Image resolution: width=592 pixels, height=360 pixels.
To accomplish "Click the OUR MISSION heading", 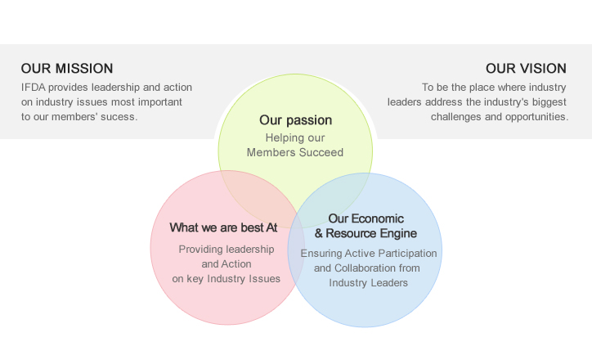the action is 67,69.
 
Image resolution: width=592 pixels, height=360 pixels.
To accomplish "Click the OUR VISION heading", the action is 526,69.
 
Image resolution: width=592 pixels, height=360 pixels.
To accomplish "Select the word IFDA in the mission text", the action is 34,88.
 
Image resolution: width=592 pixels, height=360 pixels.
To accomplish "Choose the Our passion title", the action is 296,120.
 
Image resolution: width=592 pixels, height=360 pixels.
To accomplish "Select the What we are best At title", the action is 223,227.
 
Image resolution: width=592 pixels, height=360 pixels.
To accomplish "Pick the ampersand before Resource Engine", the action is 319,233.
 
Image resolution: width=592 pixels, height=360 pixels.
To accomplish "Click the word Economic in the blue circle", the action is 377,218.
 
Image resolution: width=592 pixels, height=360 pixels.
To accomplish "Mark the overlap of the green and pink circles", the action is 258,195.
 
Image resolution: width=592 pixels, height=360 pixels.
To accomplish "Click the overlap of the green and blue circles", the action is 330,197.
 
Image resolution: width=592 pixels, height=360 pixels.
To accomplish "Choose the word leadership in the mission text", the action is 115,88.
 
